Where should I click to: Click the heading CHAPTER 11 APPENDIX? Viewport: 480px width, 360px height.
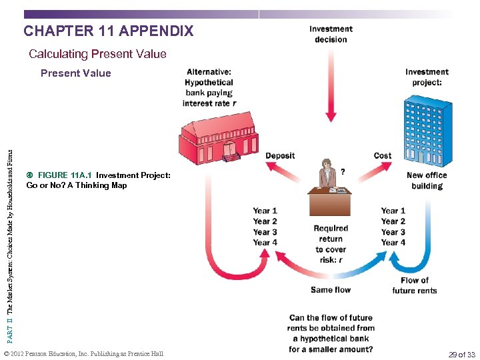pyautogui.click(x=109, y=31)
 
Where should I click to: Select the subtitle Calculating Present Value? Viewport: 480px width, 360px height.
pyautogui.click(x=97, y=54)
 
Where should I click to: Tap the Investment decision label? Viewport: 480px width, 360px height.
pyautogui.click(x=331, y=34)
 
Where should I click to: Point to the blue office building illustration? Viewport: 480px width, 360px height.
pyautogui.click(x=427, y=131)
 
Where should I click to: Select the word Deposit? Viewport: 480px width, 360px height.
pyautogui.click(x=280, y=156)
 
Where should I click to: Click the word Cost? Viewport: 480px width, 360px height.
pyautogui.click(x=383, y=156)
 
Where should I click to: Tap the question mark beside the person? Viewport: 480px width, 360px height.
pyautogui.click(x=343, y=171)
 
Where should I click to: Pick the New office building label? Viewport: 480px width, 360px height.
pyautogui.click(x=427, y=181)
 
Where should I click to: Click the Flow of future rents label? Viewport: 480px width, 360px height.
pyautogui.click(x=415, y=285)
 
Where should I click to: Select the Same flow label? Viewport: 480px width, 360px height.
pyautogui.click(x=331, y=290)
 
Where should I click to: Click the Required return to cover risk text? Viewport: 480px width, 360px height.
pyautogui.click(x=331, y=244)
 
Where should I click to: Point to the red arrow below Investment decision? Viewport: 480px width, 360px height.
pyautogui.click(x=331, y=80)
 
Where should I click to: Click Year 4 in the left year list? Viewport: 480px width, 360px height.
pyautogui.click(x=265, y=243)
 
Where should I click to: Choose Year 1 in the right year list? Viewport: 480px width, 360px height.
pyautogui.click(x=393, y=211)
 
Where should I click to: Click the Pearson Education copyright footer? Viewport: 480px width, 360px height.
pyautogui.click(x=83, y=354)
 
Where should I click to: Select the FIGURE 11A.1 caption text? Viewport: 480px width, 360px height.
pyautogui.click(x=99, y=180)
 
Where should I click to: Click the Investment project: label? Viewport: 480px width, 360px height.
pyautogui.click(x=427, y=77)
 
